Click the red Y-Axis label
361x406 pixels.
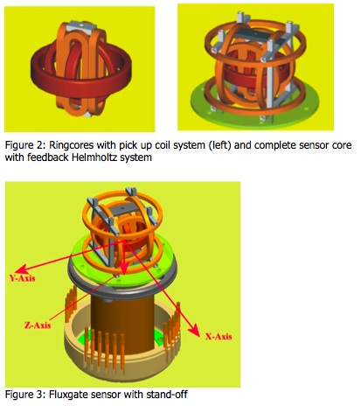(x=23, y=278)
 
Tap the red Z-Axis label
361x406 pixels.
(x=38, y=325)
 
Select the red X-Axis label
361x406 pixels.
(x=219, y=336)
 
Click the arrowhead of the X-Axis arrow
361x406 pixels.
(x=194, y=331)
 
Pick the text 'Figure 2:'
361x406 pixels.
(x=25, y=145)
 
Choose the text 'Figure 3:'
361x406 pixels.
(x=25, y=395)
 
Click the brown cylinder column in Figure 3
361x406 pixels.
(x=122, y=321)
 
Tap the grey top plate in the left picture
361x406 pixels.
(x=81, y=27)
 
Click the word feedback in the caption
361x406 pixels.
(x=39, y=157)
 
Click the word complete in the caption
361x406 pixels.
(x=275, y=145)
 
